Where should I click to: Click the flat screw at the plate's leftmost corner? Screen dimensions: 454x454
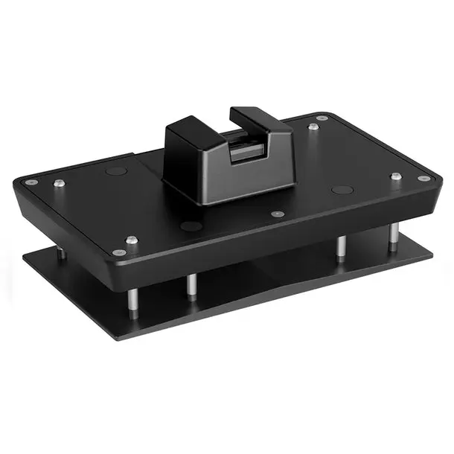(x=31, y=182)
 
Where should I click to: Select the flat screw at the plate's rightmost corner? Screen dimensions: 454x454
(x=423, y=179)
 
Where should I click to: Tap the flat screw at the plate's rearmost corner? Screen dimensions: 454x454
(x=322, y=118)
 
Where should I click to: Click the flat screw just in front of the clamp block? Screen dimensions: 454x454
(x=278, y=214)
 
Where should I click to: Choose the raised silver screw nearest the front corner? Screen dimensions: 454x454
(x=132, y=240)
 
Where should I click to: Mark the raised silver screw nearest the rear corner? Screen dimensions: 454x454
(x=314, y=127)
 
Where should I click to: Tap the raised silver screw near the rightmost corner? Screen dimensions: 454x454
(x=396, y=177)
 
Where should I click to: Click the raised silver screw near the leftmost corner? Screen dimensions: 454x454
(x=59, y=183)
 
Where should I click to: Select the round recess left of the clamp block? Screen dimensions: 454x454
(x=116, y=171)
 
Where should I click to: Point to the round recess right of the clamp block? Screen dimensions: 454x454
(x=342, y=190)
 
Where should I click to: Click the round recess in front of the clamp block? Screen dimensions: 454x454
(x=191, y=226)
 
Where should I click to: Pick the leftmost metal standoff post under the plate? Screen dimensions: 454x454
(x=62, y=254)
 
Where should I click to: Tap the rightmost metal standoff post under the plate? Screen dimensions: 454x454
(x=392, y=235)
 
